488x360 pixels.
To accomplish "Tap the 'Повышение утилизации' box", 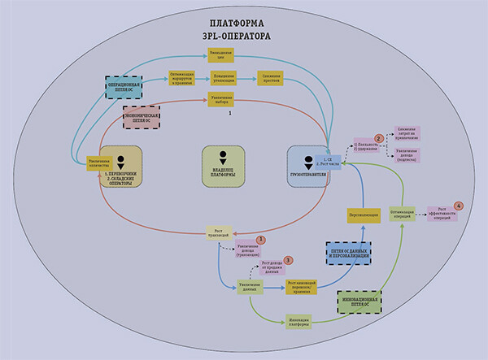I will pos(224,79).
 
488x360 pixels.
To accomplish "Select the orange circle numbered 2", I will pos(378,138).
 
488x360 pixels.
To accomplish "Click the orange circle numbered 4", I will pos(459,206).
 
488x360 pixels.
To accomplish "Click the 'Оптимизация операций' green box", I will pos(403,213).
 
